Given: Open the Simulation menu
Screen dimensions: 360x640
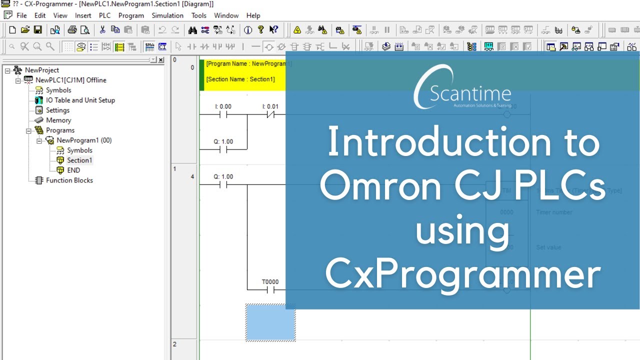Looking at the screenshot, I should [x=167, y=15].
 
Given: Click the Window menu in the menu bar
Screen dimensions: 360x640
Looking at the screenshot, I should [x=226, y=15].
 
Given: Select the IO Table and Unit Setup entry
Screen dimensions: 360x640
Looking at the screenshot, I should [x=80, y=100].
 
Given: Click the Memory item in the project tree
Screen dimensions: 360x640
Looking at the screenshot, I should [x=58, y=120].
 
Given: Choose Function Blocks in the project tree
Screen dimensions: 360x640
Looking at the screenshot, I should [x=69, y=180].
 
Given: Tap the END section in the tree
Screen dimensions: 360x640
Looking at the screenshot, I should [x=73, y=170].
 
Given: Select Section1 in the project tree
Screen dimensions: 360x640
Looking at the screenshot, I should [x=79, y=160].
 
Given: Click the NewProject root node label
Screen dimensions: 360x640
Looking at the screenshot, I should [x=42, y=70].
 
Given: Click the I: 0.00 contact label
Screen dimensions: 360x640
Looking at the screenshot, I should [x=223, y=106].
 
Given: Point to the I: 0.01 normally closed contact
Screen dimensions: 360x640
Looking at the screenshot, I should [x=270, y=114].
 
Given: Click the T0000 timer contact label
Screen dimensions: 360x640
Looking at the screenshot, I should [x=270, y=282].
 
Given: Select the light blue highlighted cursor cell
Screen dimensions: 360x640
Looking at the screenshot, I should [x=270, y=322].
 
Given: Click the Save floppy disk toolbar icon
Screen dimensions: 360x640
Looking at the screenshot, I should [x=38, y=30].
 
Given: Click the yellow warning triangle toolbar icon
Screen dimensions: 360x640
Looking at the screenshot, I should [x=297, y=30].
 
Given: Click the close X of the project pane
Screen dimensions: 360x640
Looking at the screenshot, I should [x=160, y=60].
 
